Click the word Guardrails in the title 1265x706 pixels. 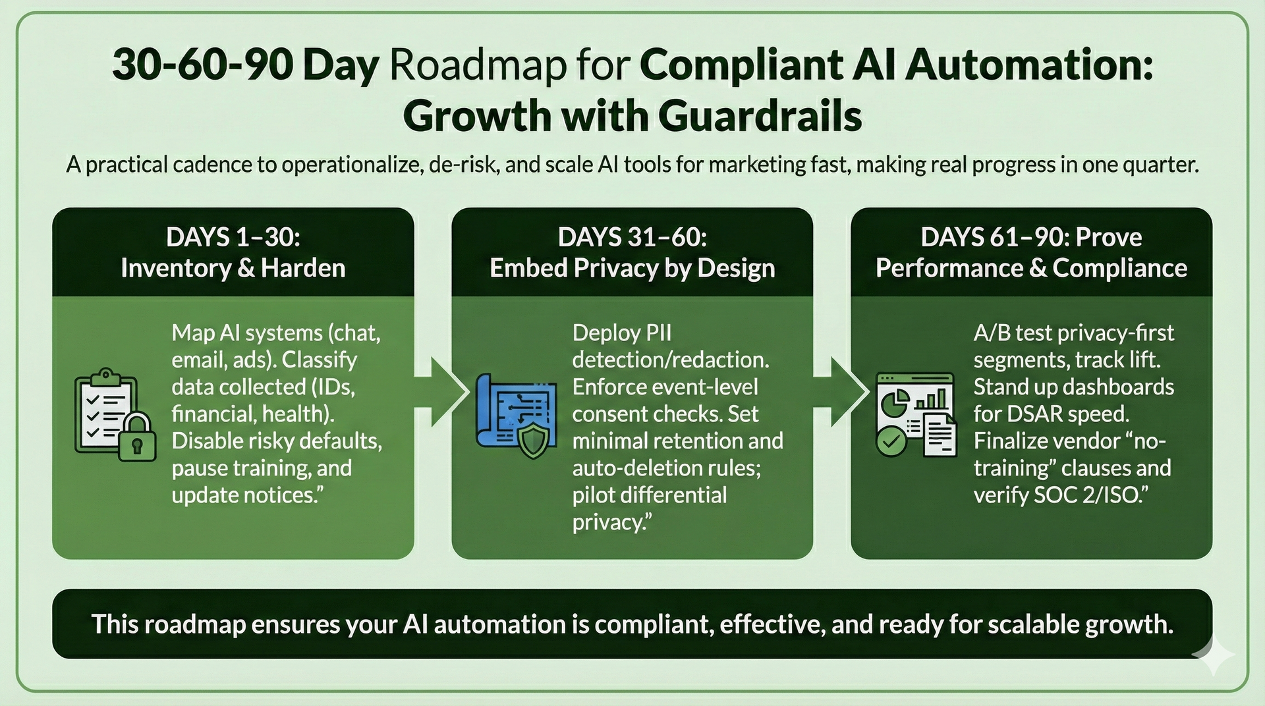coord(760,116)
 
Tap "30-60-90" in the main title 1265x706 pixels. coord(202,66)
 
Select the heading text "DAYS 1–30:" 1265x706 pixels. coord(233,237)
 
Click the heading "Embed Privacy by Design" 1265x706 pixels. coord(632,268)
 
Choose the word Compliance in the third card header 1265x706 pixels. coord(1119,268)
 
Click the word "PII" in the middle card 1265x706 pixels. coord(658,333)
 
